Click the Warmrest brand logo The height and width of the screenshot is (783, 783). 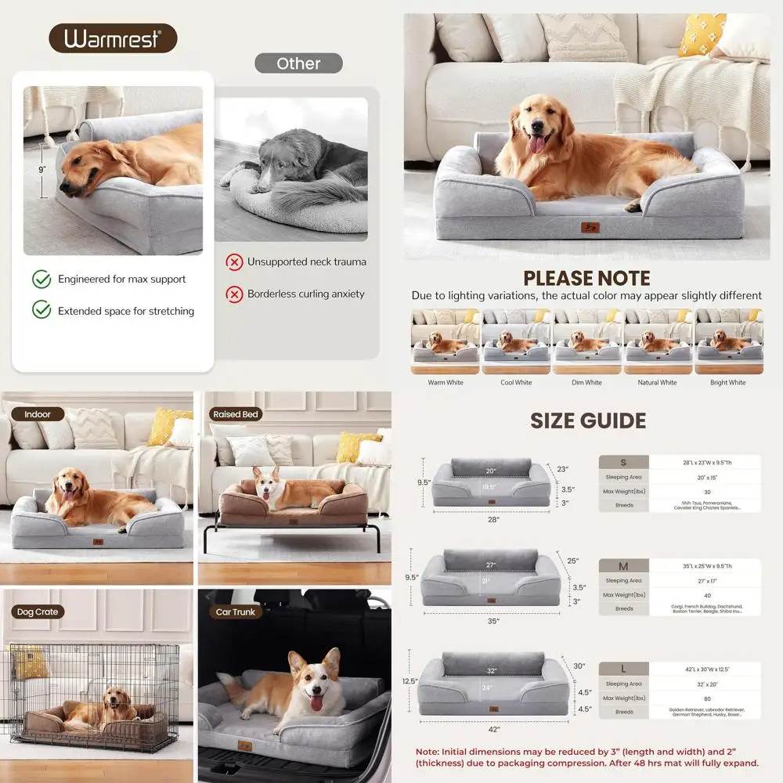coord(113,38)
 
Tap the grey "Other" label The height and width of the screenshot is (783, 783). coord(298,63)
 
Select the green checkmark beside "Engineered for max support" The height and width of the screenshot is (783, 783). coord(41,279)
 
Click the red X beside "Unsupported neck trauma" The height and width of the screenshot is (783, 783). coord(234,262)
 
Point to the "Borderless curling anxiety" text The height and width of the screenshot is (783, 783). coord(306,294)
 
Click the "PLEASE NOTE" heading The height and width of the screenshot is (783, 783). coord(586,278)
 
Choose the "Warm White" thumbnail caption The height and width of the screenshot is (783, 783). coord(446,383)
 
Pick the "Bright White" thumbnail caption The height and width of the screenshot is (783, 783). coord(728,383)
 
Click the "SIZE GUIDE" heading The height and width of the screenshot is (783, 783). coord(588,420)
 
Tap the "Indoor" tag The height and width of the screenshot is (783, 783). coord(37,414)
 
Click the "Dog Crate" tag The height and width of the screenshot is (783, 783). coord(37,612)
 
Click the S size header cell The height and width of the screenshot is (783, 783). coord(623,462)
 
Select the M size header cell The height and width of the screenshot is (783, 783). coord(623,566)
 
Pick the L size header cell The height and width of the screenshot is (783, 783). coord(623,669)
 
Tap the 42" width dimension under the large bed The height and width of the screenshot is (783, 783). coord(493,730)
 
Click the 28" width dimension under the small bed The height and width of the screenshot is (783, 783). coord(493,519)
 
